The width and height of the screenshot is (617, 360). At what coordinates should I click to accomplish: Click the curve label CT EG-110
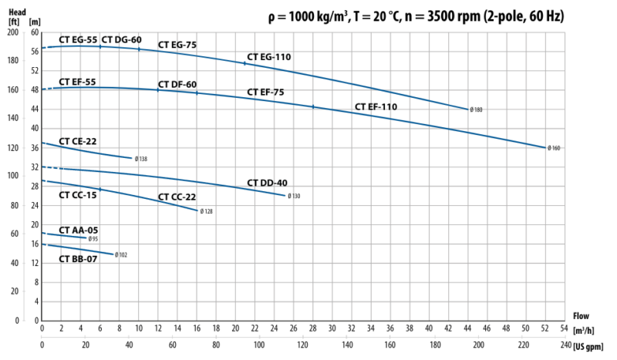click(270, 57)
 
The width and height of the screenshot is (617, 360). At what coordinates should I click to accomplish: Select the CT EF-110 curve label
click(376, 106)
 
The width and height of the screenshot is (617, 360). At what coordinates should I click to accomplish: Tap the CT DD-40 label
click(268, 183)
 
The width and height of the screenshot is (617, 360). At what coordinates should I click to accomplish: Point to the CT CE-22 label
click(78, 142)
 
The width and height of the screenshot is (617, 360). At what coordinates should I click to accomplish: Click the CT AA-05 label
click(78, 230)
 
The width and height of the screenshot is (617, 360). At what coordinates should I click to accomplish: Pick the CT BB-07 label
click(78, 259)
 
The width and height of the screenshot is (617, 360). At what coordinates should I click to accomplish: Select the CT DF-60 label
click(178, 84)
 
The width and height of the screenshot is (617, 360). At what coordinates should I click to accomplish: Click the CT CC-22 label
click(177, 197)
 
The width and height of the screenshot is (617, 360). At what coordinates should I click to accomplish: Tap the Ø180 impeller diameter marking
click(476, 110)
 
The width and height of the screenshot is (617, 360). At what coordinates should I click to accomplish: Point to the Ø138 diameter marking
click(140, 160)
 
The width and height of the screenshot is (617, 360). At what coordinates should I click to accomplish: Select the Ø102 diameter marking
click(121, 254)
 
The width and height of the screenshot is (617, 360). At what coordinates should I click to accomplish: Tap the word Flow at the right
click(582, 315)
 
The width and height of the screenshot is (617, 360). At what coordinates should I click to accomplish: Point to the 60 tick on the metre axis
click(34, 32)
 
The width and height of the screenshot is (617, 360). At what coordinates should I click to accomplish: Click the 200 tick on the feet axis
click(13, 32)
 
